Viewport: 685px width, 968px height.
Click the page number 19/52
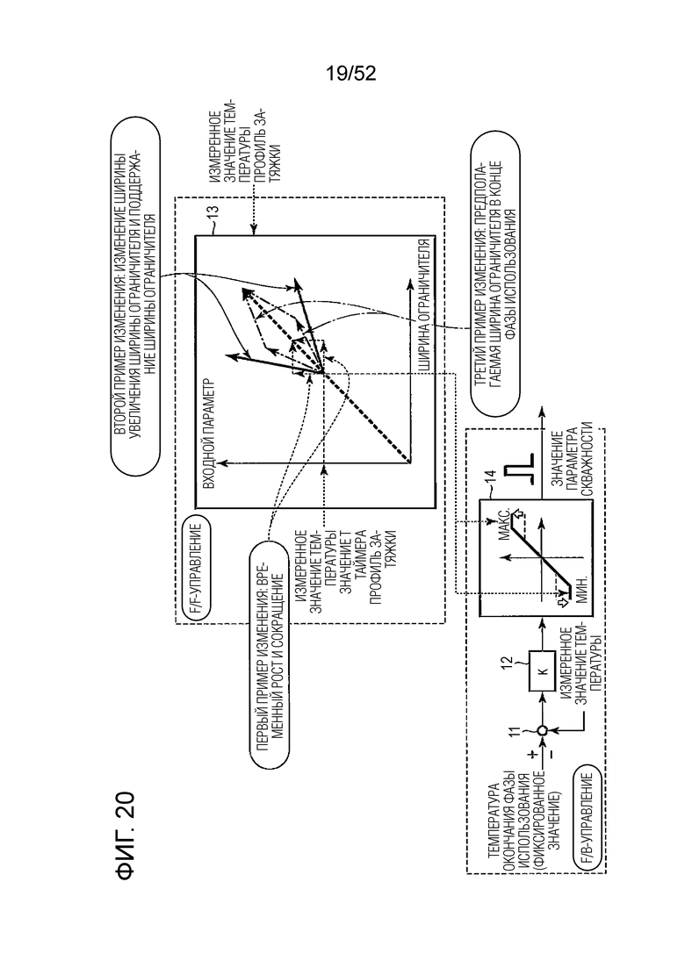pyautogui.click(x=350, y=74)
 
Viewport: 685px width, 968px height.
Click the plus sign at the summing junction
pyautogui.click(x=530, y=753)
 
